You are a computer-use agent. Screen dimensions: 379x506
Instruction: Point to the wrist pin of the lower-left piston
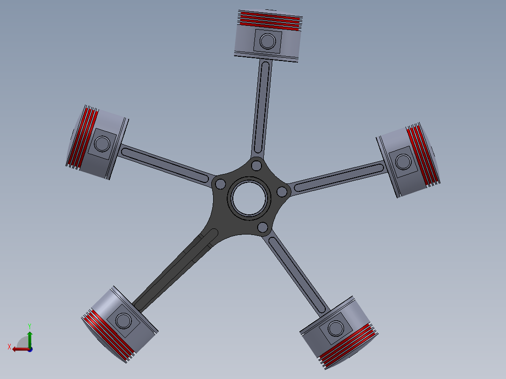124,321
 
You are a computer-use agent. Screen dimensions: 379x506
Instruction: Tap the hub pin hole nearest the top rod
256,165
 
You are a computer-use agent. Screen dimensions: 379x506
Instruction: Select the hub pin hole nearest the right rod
282,191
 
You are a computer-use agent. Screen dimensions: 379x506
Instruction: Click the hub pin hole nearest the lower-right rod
263,228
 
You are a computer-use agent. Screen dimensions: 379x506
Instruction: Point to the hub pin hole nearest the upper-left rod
219,183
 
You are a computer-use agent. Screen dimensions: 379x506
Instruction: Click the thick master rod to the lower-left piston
178,267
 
